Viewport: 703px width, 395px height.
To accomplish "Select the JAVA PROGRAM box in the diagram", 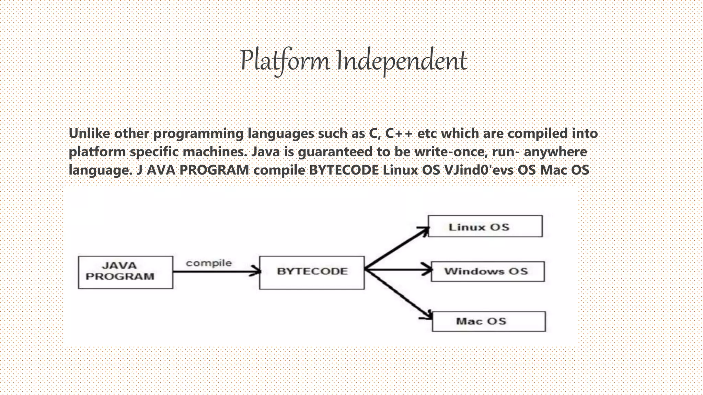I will pos(125,272).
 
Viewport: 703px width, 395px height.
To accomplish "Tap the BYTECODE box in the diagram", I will pos(312,272).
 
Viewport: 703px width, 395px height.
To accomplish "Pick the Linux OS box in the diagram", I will pos(485,226).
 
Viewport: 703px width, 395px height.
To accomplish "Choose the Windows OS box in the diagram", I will pos(487,272).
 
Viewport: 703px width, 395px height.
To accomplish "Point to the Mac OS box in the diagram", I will pos(488,321).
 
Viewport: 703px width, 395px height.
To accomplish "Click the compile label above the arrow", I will pos(209,263).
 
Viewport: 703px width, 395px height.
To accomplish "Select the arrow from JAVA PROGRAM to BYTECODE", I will pos(216,272).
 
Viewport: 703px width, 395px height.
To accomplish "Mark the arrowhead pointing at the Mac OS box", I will pos(428,315).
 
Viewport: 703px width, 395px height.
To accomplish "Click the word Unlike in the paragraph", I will pos(89,133).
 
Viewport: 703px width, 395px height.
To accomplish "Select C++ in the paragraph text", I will pos(399,133).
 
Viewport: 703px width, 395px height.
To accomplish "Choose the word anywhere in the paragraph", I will pos(555,152).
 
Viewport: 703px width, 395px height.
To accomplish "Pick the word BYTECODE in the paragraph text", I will pos(344,170).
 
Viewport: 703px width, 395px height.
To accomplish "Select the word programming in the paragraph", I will pos(198,133).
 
